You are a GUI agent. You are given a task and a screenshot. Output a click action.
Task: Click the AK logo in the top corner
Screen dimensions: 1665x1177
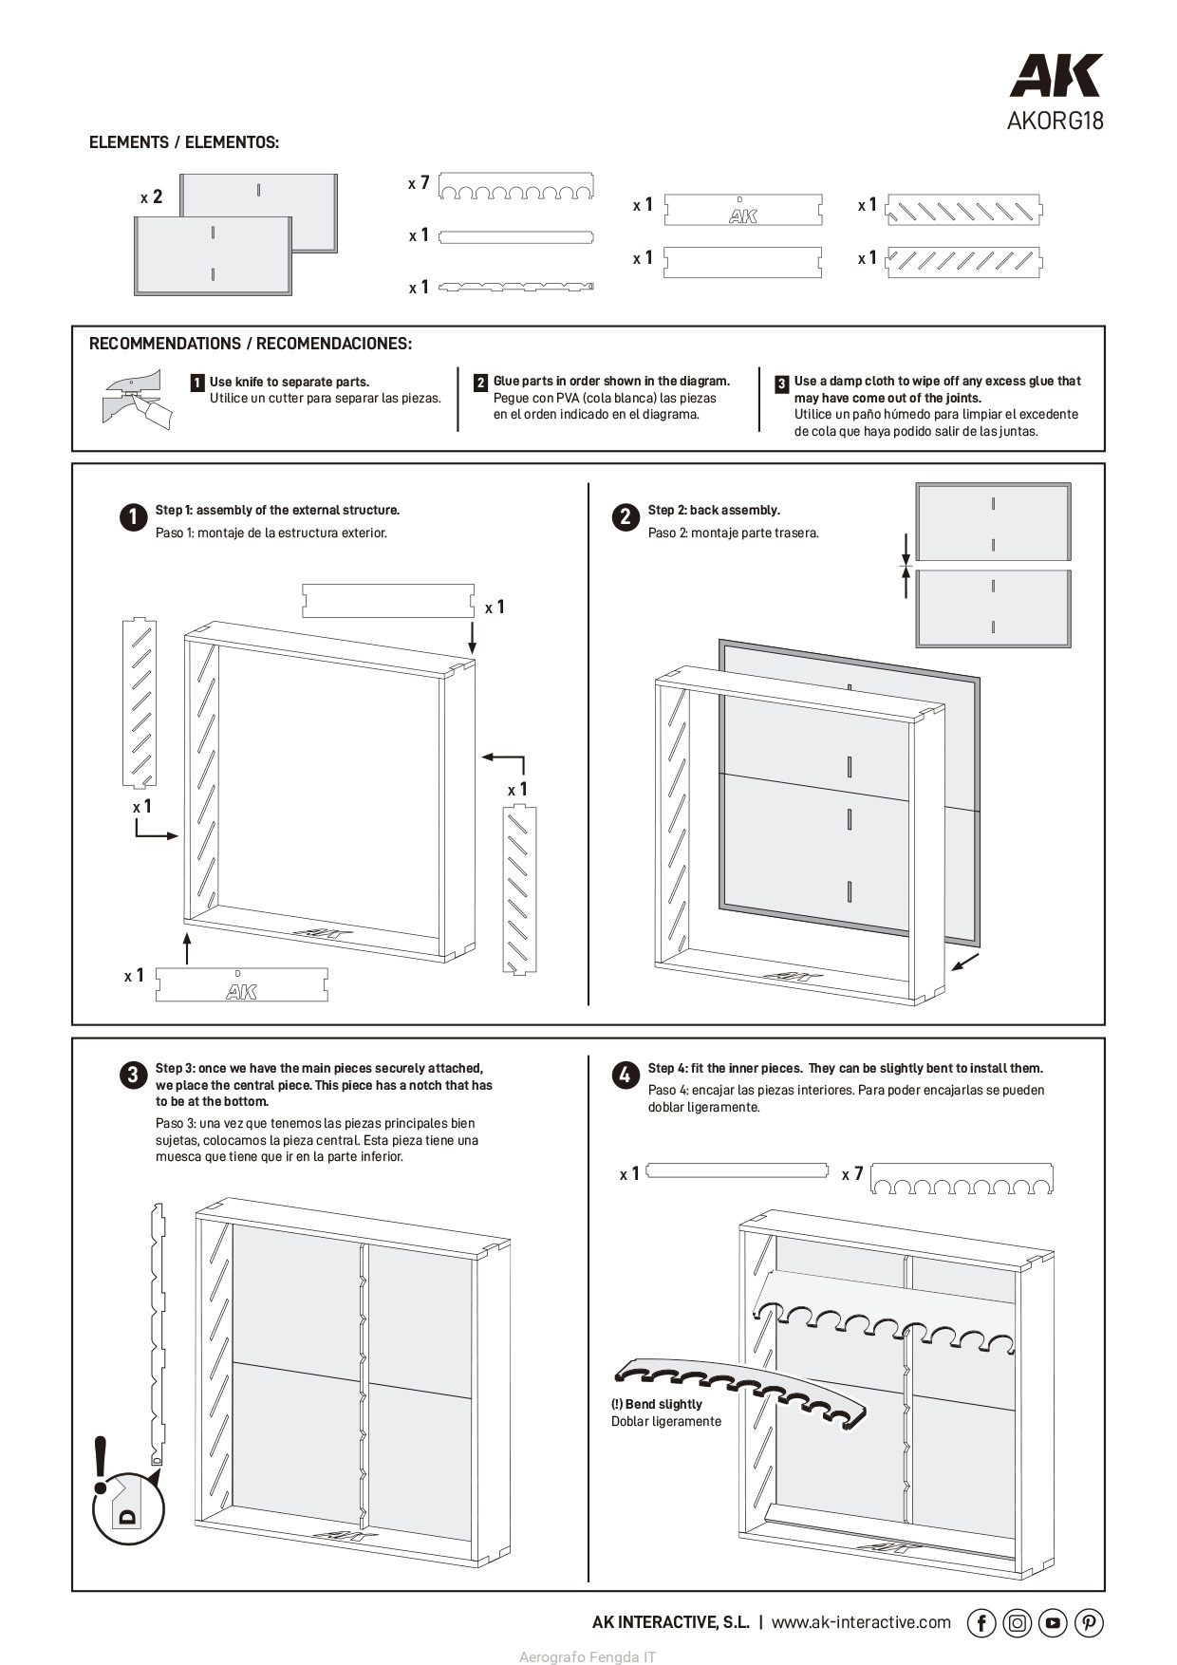point(1056,76)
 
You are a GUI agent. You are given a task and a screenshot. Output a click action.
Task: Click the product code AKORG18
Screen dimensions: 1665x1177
point(1055,122)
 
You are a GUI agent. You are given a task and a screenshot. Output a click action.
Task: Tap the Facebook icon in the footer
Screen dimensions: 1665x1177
point(981,1623)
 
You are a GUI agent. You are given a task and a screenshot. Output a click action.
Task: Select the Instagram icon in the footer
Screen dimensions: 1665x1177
point(1017,1623)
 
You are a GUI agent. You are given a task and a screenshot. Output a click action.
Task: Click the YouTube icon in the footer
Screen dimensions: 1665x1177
point(1053,1623)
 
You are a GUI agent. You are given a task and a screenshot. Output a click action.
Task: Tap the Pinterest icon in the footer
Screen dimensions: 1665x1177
point(1089,1623)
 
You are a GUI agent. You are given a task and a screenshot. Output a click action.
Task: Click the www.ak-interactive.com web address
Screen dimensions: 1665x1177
point(861,1622)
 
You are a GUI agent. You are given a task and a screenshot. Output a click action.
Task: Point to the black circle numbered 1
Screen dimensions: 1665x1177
point(133,516)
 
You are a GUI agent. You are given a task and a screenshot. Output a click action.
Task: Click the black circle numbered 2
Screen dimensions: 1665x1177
point(625,516)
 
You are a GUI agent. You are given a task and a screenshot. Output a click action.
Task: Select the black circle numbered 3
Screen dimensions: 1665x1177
point(133,1075)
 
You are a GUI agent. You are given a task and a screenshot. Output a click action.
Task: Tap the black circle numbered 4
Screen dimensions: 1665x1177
point(625,1075)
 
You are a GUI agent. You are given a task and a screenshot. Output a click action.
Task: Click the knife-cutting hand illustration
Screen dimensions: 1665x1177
point(137,400)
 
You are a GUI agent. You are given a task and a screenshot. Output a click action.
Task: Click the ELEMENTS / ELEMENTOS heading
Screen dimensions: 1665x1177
point(184,142)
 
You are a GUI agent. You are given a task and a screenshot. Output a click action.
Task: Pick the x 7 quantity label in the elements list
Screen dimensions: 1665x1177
point(419,182)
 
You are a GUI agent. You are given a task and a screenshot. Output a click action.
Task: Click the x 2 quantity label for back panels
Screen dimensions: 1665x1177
point(152,197)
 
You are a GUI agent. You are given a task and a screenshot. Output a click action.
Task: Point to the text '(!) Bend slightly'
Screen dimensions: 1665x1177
point(657,1404)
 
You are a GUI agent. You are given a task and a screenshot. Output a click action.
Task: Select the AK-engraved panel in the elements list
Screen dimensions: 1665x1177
point(742,210)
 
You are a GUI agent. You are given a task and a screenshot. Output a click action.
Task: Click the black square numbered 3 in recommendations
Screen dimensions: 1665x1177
point(781,384)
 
